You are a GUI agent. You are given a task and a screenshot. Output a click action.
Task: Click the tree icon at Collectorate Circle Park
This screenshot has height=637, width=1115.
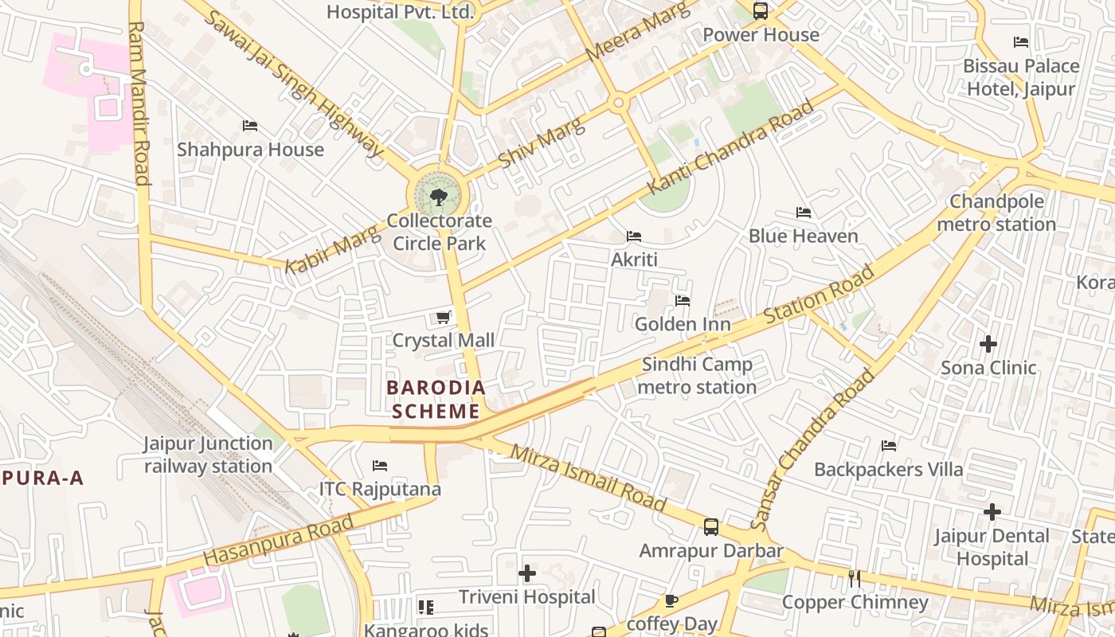click(x=438, y=197)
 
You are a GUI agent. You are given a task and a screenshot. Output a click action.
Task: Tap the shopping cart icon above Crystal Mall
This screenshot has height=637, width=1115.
click(x=444, y=318)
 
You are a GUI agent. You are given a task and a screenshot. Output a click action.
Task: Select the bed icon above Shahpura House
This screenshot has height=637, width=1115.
click(x=250, y=126)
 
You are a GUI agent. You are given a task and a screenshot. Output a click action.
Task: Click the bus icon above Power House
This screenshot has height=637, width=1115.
click(x=761, y=11)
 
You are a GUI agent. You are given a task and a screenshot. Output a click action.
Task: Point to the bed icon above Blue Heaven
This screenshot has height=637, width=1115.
click(x=804, y=213)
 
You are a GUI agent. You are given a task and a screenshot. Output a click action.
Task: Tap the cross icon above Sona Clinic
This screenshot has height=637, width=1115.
click(x=988, y=344)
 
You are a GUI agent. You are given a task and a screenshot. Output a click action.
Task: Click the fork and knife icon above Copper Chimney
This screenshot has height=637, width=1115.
click(x=855, y=578)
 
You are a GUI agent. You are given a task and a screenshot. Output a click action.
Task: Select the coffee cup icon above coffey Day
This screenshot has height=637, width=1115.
click(x=671, y=600)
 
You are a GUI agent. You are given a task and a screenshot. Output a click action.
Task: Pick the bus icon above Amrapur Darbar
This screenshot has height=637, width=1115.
click(x=710, y=527)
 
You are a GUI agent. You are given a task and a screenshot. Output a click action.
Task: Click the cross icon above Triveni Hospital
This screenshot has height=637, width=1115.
click(x=526, y=573)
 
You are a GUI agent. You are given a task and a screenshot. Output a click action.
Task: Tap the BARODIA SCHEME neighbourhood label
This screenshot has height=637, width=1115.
click(x=436, y=400)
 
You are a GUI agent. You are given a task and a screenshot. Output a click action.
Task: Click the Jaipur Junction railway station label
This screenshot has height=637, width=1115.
click(x=208, y=455)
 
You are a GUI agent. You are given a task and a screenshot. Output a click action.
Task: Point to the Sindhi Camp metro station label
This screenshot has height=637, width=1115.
click(x=698, y=376)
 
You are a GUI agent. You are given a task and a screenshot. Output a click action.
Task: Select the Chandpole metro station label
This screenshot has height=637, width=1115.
click(x=996, y=213)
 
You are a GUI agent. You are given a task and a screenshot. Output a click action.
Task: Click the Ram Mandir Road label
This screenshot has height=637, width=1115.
click(x=139, y=104)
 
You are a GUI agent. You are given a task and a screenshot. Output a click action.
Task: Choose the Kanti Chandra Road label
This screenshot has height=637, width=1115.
click(x=731, y=147)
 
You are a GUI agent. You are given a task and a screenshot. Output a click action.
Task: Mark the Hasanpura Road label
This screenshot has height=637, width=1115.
click(x=278, y=541)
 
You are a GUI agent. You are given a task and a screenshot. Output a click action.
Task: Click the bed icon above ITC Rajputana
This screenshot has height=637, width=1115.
click(x=380, y=466)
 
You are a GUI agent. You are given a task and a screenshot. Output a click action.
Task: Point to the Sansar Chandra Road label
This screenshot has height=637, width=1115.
click(x=812, y=450)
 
